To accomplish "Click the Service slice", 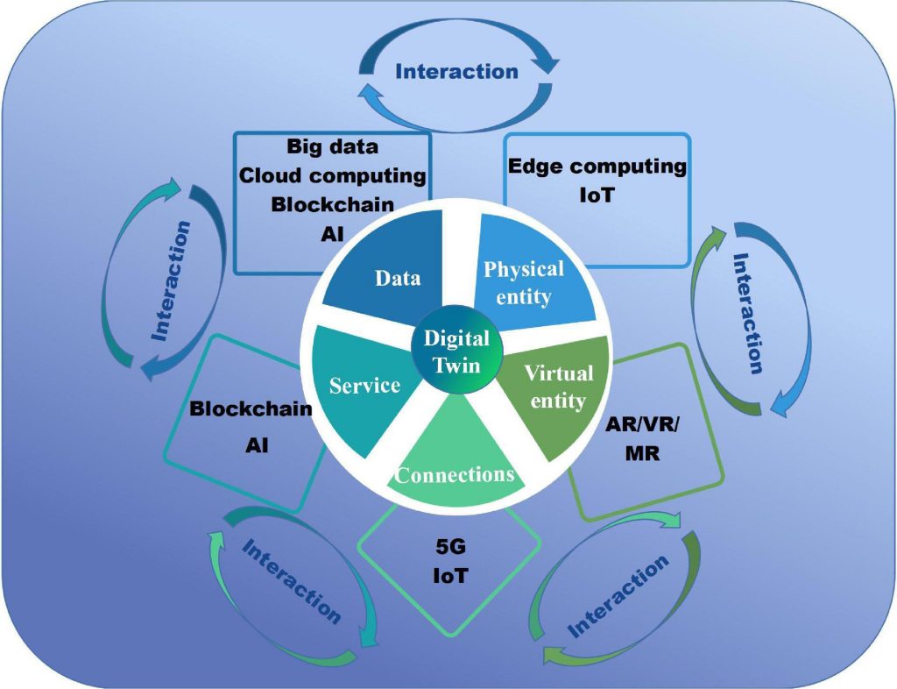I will (364, 386).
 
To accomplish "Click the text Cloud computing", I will (333, 175).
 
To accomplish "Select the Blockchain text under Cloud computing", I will (333, 204).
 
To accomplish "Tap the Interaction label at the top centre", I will (456, 70).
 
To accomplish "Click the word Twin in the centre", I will (457, 364).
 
